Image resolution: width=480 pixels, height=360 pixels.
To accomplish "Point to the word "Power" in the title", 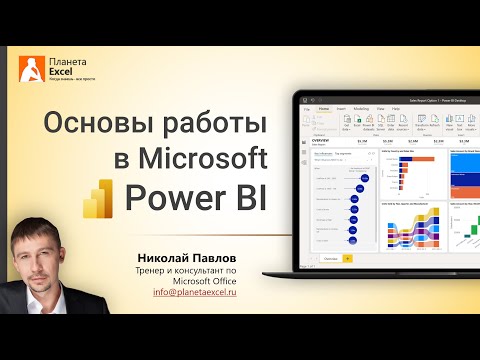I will pyautogui.click(x=161, y=196).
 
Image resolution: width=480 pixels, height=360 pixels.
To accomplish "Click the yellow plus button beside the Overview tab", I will pyautogui.click(x=347, y=257).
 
